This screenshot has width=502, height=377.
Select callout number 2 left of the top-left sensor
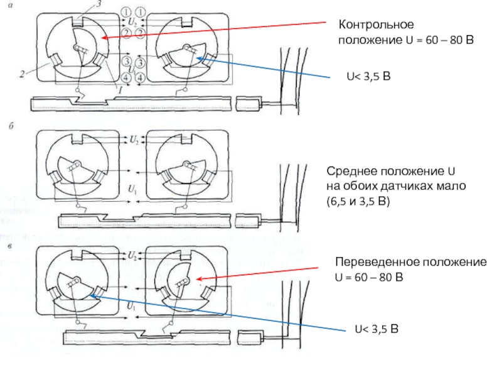22,74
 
